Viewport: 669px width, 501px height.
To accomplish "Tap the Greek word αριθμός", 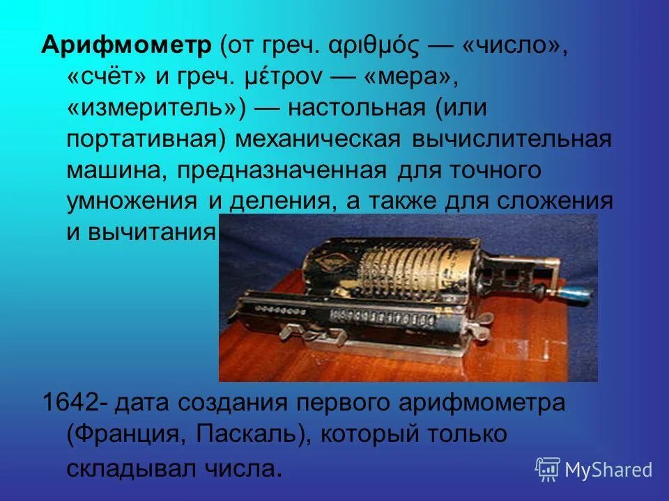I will (x=376, y=48).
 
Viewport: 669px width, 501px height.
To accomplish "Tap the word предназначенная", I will (x=282, y=170).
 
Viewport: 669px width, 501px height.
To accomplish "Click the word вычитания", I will (x=151, y=231).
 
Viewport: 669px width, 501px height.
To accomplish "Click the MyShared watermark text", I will (x=608, y=470).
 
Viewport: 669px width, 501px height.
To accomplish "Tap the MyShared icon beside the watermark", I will (x=548, y=469).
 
